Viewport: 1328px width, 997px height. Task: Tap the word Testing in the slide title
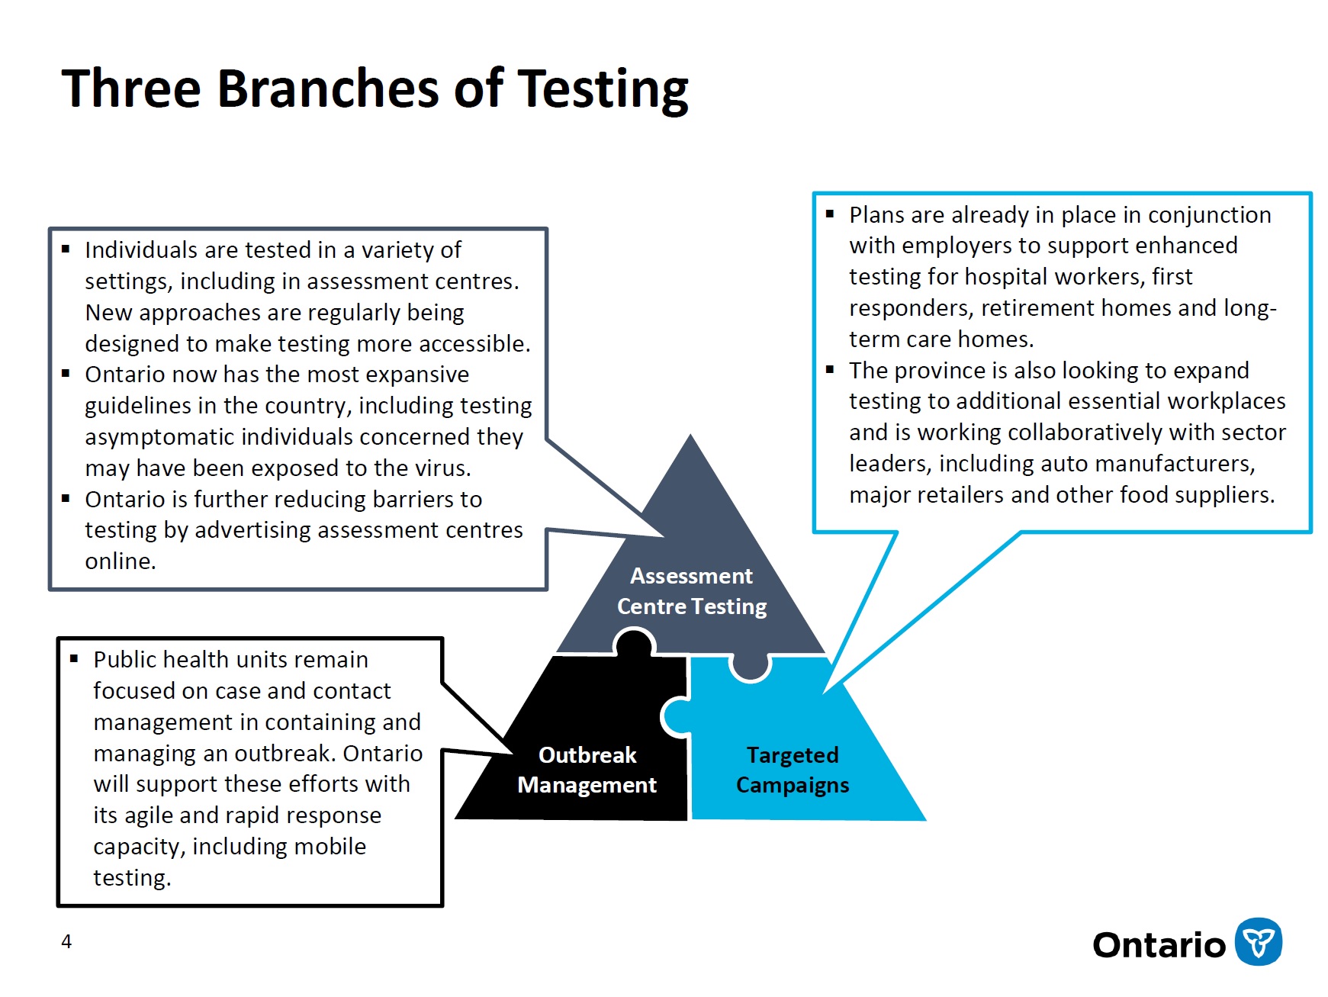603,90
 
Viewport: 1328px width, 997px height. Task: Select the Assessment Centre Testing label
691,591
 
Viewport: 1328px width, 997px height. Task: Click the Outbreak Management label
587,770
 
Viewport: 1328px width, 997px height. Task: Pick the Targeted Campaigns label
792,770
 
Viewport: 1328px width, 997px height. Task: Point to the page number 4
66,942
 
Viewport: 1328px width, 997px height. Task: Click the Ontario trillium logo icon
1258,942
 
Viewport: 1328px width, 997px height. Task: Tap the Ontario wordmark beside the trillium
1158,945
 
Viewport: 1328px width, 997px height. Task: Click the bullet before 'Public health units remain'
74,658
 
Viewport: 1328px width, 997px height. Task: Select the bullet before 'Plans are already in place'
830,214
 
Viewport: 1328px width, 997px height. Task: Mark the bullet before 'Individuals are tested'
66,249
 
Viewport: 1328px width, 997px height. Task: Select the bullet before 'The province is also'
830,370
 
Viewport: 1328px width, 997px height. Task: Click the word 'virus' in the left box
440,468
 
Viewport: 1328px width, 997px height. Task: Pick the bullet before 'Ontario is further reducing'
66,499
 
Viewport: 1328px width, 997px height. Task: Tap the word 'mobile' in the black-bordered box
330,847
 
